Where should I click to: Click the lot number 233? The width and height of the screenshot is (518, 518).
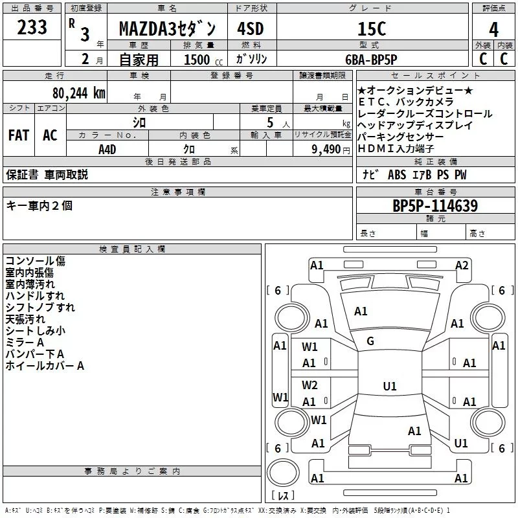32,27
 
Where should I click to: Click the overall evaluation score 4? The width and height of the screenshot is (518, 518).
494,29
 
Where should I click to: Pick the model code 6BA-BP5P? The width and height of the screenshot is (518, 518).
371,59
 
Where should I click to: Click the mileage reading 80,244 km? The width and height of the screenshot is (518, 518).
74,93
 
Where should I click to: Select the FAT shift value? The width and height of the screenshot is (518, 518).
18,135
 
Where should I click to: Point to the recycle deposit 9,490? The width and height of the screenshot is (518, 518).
325,149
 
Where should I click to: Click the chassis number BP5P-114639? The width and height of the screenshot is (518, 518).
435,206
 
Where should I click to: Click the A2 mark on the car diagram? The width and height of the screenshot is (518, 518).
462,265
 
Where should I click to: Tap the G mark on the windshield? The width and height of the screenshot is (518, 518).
370,341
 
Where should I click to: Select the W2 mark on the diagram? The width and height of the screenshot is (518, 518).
310,385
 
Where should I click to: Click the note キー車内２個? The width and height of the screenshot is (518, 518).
39,205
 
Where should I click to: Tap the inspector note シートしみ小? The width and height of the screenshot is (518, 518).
35,331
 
